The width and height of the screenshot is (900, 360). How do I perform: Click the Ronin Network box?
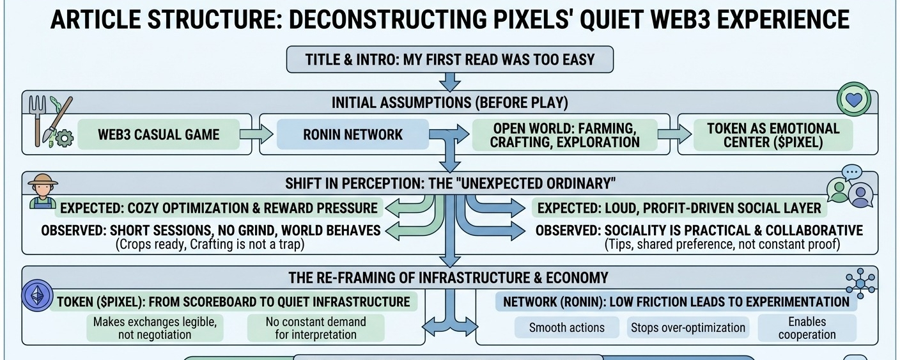click(353, 135)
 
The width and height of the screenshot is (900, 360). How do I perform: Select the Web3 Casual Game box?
click(159, 135)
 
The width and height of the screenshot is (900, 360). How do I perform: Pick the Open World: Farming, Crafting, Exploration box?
click(564, 135)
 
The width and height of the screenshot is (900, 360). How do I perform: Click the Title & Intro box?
click(450, 60)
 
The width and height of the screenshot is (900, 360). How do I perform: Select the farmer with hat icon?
click(43, 189)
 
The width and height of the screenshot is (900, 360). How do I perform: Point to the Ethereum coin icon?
click(37, 295)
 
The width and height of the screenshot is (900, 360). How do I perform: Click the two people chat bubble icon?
click(850, 187)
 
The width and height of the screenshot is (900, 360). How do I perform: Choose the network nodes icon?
click(859, 281)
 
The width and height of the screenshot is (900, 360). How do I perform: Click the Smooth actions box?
click(566, 328)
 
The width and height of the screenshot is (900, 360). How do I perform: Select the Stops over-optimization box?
click(688, 328)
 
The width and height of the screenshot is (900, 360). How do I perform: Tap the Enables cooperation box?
click(807, 328)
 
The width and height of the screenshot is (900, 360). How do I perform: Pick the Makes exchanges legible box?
click(155, 328)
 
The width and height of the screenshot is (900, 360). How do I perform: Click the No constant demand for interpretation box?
click(316, 328)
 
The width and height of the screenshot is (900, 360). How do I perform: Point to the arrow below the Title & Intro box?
click(450, 81)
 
